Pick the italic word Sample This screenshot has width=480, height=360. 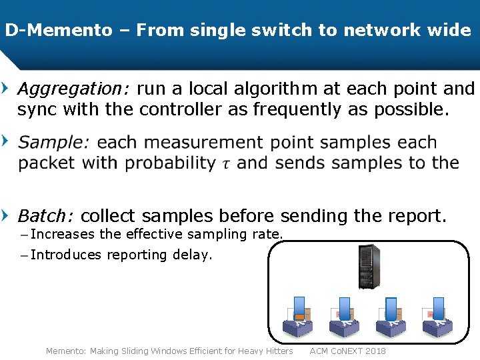(x=54, y=143)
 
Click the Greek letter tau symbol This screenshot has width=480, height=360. (x=227, y=164)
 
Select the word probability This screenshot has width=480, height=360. (x=170, y=163)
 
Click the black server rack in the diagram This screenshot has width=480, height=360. (x=369, y=267)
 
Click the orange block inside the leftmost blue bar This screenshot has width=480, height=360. (x=299, y=314)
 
